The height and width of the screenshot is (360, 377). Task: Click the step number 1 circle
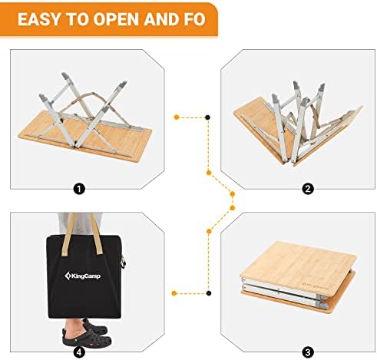[79, 189]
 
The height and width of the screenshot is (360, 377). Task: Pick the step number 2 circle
[308, 189]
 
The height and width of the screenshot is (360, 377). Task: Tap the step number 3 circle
[308, 352]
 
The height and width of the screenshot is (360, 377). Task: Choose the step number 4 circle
[79, 352]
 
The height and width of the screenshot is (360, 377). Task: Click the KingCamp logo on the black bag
[82, 276]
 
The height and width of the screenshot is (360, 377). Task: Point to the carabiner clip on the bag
[124, 262]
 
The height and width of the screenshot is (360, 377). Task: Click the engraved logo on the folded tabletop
[315, 285]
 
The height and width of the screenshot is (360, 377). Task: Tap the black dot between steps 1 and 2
[208, 117]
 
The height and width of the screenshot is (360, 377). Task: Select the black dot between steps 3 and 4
[209, 293]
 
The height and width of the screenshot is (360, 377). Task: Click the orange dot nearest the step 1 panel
[177, 117]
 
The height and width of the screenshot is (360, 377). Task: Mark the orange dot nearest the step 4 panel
[174, 293]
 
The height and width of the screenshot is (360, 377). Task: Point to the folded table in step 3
[298, 274]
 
